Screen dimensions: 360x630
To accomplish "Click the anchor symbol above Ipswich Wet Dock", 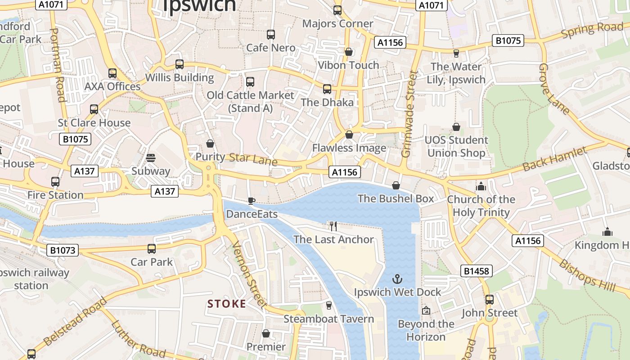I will point(397,279).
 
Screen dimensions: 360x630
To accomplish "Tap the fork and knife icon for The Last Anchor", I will point(333,226).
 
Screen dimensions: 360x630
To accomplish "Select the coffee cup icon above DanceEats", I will point(252,201).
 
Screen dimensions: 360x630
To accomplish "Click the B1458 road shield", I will point(477,271).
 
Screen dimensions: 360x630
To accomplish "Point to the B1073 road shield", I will point(63,250).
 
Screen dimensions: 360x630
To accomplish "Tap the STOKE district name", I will point(227,304).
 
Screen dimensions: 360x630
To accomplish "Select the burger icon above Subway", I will point(151,157).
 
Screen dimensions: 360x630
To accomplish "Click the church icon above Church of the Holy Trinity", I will point(481,186).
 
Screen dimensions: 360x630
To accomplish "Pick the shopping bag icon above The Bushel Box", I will point(396,185).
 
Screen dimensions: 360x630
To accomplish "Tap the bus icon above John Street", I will point(490,299).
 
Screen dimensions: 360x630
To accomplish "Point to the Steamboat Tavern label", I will point(328,319).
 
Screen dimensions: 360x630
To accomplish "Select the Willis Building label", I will point(180,77).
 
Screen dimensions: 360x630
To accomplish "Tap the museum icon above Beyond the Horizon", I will point(426,310).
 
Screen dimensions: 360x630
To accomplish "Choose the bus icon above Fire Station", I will point(55,182).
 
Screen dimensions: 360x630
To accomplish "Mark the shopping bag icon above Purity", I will point(210,144).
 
